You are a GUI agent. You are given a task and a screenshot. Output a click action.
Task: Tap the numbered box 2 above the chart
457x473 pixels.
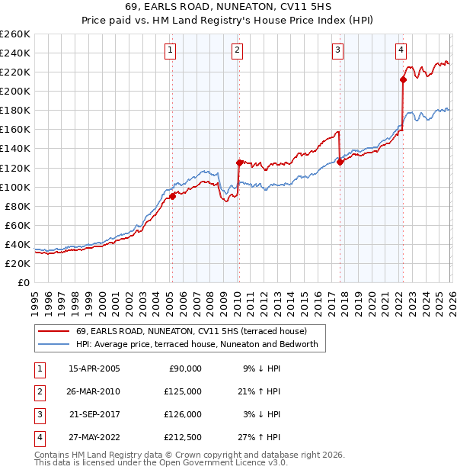click(237, 50)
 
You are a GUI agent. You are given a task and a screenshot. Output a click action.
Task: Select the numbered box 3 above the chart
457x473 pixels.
click(337, 50)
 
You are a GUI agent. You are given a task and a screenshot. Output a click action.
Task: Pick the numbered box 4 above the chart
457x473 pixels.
click(401, 50)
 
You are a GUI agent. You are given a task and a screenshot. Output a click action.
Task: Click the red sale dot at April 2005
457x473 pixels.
click(172, 196)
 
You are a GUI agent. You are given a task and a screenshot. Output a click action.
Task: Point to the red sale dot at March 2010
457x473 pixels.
click(239, 162)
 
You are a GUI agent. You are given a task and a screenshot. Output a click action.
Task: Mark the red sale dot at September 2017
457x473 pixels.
click(340, 162)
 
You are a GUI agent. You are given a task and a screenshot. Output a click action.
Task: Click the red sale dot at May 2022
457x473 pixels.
click(403, 79)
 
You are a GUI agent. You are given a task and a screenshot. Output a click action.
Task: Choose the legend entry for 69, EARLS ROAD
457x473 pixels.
click(190, 331)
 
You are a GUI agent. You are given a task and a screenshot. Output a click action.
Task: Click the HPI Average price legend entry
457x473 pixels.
click(201, 345)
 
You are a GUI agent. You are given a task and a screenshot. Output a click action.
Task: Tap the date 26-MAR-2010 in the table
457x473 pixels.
click(94, 391)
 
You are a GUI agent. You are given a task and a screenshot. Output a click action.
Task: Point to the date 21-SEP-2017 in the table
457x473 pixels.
click(94, 414)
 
